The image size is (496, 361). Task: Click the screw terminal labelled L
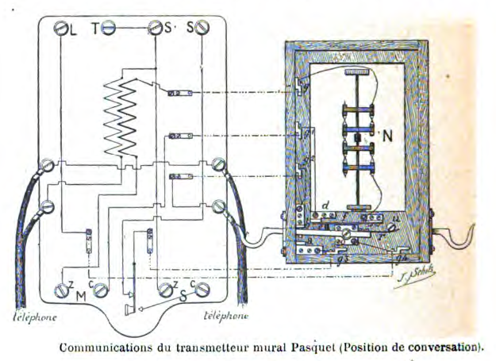pyautogui.click(x=60, y=29)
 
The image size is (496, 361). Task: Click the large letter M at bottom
pyautogui.click(x=80, y=296)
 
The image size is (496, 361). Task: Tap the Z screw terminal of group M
pyautogui.click(x=62, y=289)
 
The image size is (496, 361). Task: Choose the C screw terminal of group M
pyautogui.click(x=100, y=290)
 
